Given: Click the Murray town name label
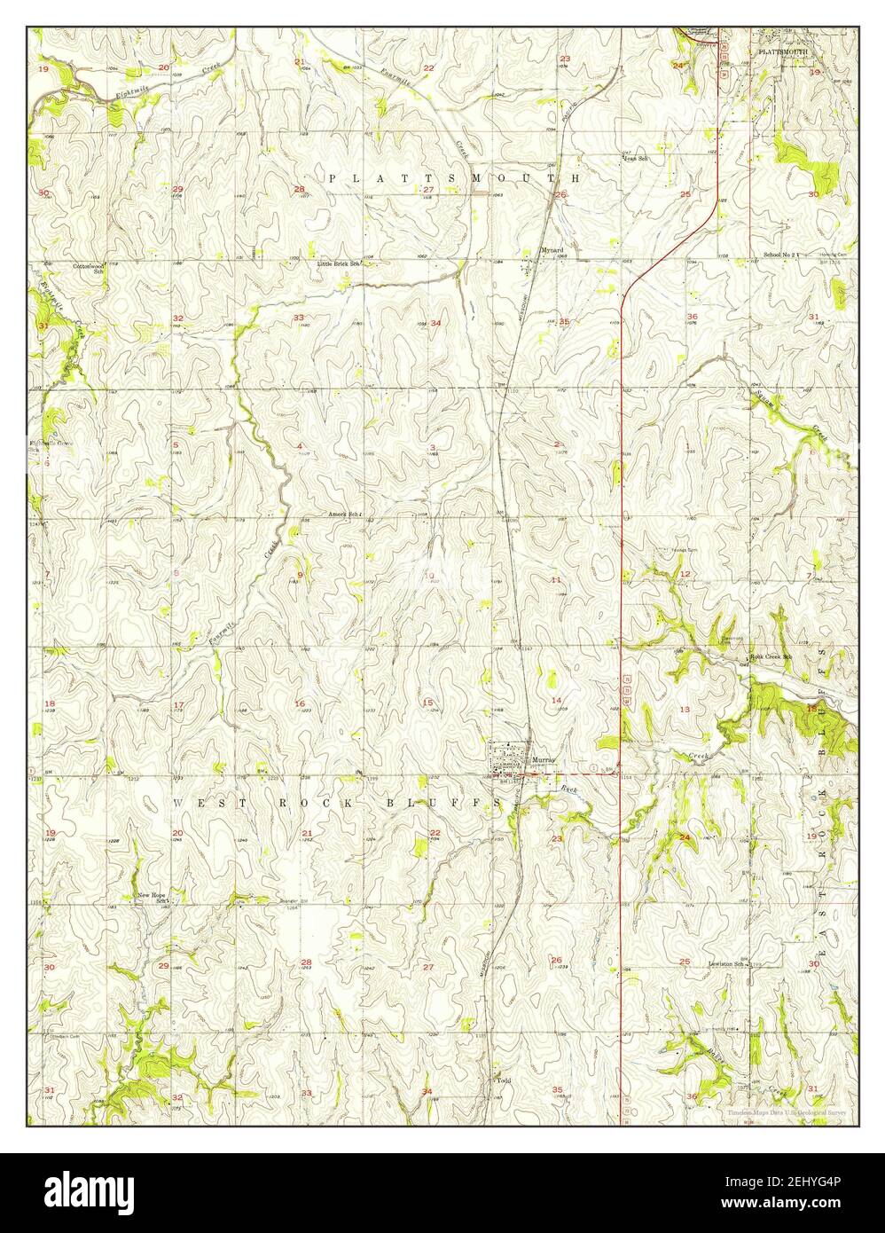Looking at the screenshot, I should click(x=542, y=760).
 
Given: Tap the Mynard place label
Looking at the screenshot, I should click(x=552, y=250).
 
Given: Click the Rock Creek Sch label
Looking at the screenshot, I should click(x=770, y=657).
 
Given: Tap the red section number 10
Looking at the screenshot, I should click(x=429, y=577).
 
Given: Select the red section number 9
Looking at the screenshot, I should click(x=300, y=575).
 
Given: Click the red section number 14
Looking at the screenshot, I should click(x=557, y=701).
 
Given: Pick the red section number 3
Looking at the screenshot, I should click(x=432, y=446).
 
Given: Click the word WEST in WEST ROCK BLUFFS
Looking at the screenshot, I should click(x=197, y=802).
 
